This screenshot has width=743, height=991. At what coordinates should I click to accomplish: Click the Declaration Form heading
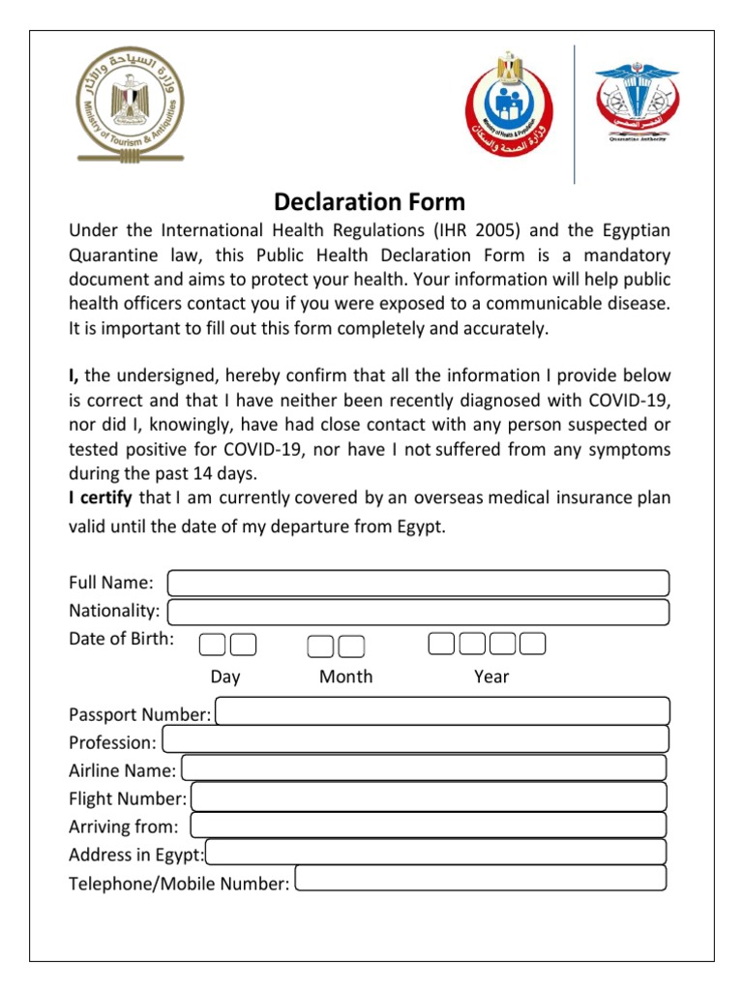coord(370,202)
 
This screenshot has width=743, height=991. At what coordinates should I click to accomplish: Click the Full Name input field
coord(418,584)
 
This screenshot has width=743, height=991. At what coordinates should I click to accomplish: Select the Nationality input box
coord(418,612)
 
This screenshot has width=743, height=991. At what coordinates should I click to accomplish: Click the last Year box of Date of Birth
coord(532,644)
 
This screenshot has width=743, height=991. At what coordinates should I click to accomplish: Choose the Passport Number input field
coord(442,711)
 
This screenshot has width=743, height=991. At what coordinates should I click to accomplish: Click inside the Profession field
coord(415,739)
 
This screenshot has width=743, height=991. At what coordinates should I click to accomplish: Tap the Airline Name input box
coord(424,768)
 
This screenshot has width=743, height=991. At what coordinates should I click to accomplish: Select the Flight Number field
coord(430,796)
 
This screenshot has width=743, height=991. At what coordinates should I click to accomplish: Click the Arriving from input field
coord(428,825)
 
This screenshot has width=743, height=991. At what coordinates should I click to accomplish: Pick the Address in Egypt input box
coord(436,852)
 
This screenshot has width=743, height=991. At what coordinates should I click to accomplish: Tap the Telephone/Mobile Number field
coord(481,879)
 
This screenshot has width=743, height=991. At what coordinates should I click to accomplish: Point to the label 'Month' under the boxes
coord(345,676)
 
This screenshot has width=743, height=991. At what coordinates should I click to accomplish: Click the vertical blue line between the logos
coord(575,114)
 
